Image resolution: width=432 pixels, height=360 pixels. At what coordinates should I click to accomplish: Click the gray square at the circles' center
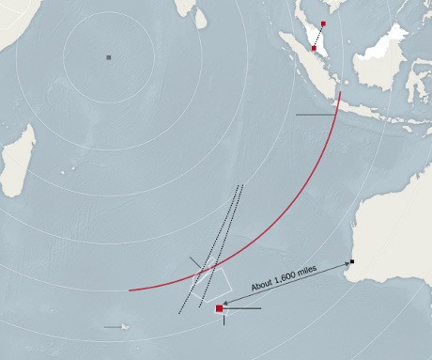(x=109, y=57)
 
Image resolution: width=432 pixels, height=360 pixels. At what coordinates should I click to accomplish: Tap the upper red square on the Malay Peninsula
(x=323, y=23)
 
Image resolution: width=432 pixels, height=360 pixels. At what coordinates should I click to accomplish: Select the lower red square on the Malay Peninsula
(x=314, y=47)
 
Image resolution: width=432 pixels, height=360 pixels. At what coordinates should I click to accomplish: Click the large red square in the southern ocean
(x=220, y=308)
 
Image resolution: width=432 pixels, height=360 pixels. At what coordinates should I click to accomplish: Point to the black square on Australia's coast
(x=352, y=261)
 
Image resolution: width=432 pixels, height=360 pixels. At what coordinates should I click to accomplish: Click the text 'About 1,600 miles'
(x=283, y=278)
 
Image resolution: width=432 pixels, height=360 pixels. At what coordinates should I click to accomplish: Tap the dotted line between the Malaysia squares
(x=318, y=36)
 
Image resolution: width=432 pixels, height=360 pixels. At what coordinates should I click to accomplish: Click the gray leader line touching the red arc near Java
(x=315, y=115)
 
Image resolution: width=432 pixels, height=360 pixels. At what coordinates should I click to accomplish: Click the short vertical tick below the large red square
(x=224, y=320)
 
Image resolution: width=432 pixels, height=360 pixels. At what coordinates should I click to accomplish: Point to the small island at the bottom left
(x=124, y=327)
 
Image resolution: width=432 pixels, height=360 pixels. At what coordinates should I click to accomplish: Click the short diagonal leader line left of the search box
(x=195, y=263)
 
